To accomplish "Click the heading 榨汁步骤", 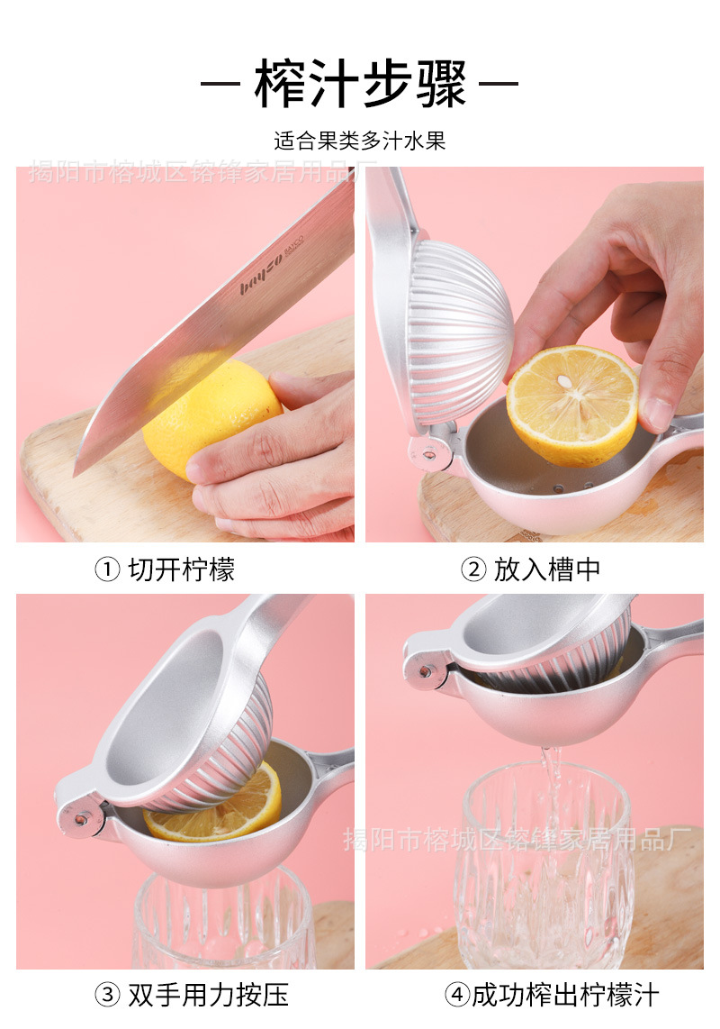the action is click(x=360, y=83).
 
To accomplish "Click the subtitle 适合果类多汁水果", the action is click(x=359, y=141).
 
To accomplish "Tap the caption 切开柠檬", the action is click(x=182, y=569).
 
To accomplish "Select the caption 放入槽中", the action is click(x=547, y=569).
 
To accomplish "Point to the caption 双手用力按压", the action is click(x=209, y=995).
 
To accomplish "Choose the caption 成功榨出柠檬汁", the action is click(x=565, y=995).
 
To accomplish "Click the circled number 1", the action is click(x=107, y=569).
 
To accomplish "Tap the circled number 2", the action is click(x=473, y=569).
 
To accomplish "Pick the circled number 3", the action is click(x=107, y=995).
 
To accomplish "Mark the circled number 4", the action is click(x=458, y=995).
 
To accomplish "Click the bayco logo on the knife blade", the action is click(x=262, y=273).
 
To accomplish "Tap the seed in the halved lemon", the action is click(x=564, y=380).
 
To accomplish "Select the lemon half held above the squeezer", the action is click(x=572, y=405).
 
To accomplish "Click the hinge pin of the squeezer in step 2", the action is click(x=429, y=454).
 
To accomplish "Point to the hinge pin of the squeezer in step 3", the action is click(x=81, y=818).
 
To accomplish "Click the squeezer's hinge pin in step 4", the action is click(x=426, y=671).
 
